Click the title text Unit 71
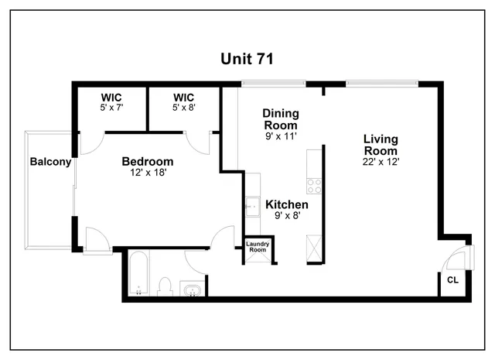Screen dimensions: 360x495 point(247,59)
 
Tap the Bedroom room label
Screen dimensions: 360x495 point(147,162)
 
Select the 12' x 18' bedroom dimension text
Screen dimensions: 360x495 point(147,173)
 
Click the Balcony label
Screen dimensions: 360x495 point(50,162)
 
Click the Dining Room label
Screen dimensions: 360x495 point(281,119)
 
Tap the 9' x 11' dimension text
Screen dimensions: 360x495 point(281,136)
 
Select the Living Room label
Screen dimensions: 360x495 point(381,145)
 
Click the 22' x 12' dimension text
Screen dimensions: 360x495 point(381,162)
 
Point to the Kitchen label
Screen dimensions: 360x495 point(287,204)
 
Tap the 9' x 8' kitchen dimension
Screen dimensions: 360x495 point(287,216)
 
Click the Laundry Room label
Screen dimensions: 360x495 point(257,247)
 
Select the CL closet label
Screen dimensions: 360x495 point(452,280)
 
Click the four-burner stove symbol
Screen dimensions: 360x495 point(314,186)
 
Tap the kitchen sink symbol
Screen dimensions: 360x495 point(252,206)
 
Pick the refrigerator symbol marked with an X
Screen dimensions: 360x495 point(313,250)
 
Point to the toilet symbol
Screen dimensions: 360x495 point(164,286)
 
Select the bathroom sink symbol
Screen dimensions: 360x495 point(191,289)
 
